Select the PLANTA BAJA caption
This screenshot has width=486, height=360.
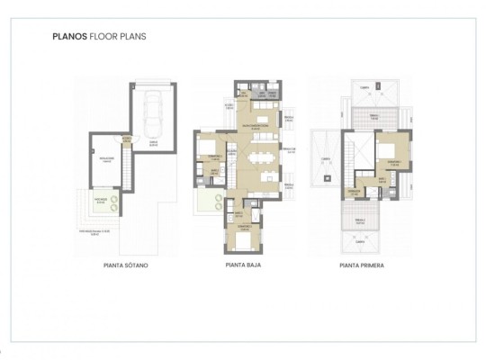(x=242, y=265)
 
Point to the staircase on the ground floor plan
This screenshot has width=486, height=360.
(x=233, y=166)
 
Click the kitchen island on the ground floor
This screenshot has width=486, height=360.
(x=262, y=121)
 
